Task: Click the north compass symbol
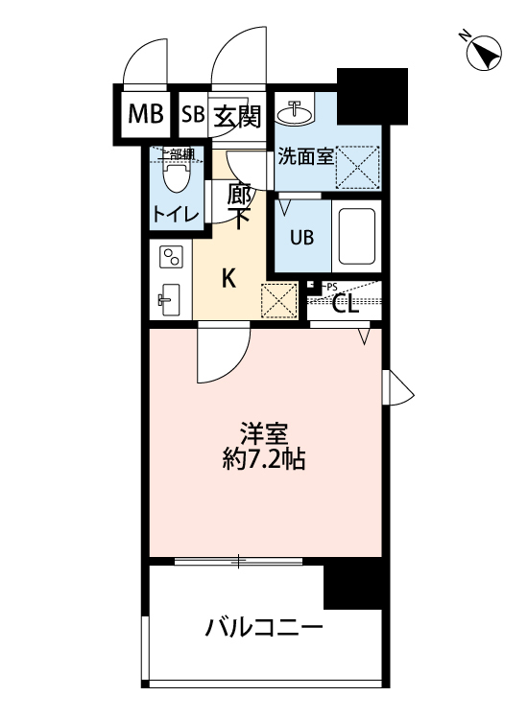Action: pos(484,53)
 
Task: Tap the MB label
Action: pos(146,115)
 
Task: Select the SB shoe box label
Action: pos(192,115)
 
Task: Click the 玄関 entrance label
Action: pos(235,115)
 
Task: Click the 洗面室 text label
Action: pos(305,156)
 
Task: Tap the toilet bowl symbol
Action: pos(176,176)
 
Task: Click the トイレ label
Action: pos(176,215)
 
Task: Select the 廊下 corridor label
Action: pos(240,205)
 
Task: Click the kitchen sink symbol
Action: pos(170,300)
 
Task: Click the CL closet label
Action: pos(345,306)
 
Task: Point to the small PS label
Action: pos(330,287)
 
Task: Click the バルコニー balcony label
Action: pos(263,630)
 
